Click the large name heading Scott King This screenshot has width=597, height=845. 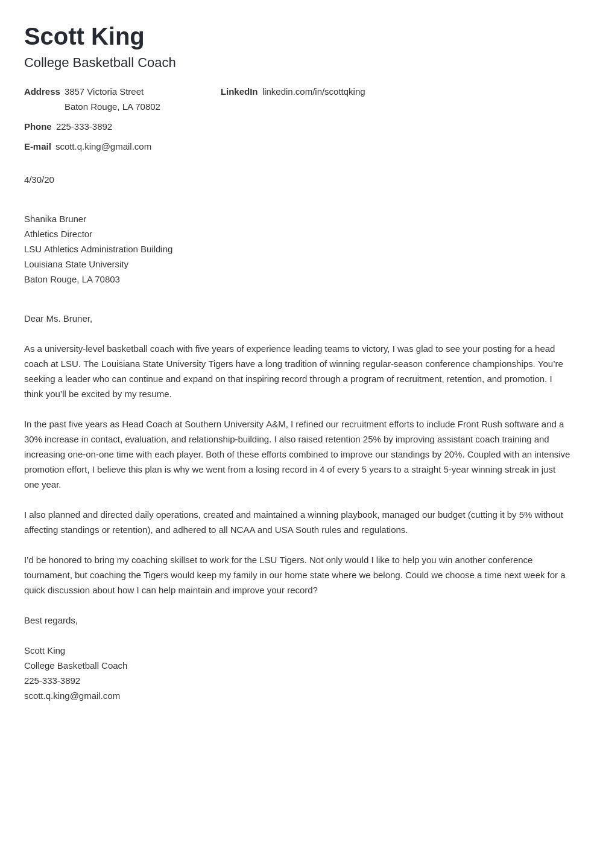point(84,36)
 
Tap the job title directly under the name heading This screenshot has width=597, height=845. point(99,63)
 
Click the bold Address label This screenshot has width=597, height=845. point(42,92)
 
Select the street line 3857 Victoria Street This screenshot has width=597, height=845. point(104,92)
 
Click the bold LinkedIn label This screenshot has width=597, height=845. point(239,92)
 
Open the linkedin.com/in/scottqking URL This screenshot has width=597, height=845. point(314,92)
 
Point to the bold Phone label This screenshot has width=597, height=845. point(37,127)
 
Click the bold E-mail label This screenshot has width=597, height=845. point(37,147)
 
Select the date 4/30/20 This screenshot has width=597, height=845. point(39,180)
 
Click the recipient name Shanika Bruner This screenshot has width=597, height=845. point(55,219)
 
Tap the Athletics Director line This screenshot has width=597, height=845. point(58,234)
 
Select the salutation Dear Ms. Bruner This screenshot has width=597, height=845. point(58,319)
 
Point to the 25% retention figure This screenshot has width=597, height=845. point(372,439)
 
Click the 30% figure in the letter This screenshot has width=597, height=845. point(34,439)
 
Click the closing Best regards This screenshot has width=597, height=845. point(51,620)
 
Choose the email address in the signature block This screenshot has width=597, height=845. point(72,696)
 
